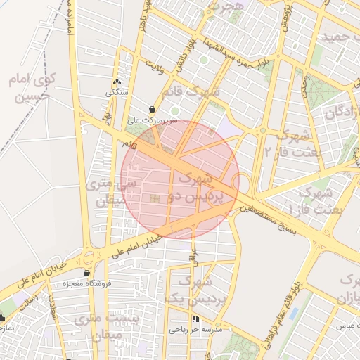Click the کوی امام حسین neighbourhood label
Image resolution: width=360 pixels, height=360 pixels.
pos(31,86)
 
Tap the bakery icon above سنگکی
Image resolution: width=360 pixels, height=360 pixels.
pos(117,82)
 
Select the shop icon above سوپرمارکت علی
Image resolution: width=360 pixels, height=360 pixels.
pos(153,110)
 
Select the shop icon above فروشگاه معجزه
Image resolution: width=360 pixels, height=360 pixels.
pos(86,274)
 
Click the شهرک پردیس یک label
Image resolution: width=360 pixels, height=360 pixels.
pos(193,289)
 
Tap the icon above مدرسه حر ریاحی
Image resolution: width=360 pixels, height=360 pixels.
pos(195,319)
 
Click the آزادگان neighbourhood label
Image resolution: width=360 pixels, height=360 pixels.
pos(342,112)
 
